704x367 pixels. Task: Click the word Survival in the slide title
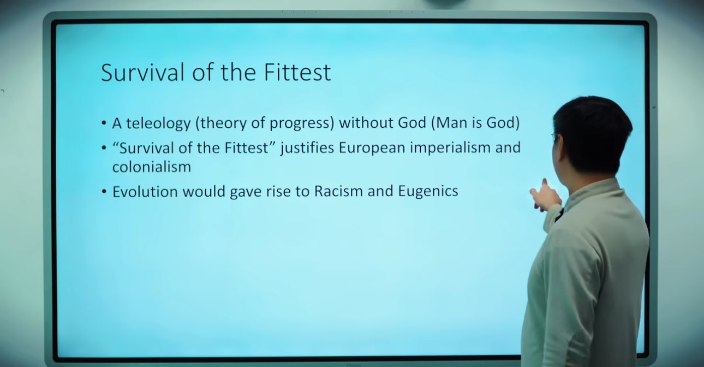[142, 72]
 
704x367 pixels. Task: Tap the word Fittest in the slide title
[297, 72]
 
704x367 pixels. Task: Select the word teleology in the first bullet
[158, 123]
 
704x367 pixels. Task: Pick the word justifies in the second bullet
[307, 148]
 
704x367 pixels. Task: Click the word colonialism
[152, 167]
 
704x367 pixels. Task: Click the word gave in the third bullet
[246, 192]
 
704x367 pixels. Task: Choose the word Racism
[338, 191]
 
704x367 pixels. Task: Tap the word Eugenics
[428, 192]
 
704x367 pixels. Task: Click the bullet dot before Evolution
[104, 192]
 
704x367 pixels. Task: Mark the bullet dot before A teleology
[104, 123]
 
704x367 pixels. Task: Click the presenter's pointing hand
[546, 196]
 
